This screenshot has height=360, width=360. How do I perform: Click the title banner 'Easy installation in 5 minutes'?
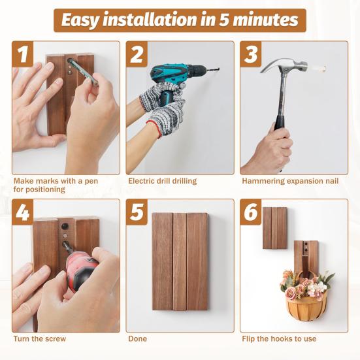point(180,20)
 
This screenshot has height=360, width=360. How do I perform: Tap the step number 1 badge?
point(24,55)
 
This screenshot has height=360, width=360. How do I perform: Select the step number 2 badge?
point(137,55)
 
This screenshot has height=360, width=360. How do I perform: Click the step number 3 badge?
point(252,55)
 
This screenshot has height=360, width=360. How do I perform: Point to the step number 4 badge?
point(24,213)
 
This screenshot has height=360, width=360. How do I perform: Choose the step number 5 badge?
point(137,213)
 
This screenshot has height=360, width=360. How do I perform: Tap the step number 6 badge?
point(252,213)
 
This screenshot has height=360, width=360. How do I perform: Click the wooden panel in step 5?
point(180,261)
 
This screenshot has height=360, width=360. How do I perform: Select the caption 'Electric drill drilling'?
point(162,180)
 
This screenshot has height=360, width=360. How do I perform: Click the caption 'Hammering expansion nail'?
point(290,180)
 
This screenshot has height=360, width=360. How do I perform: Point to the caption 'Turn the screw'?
point(39,338)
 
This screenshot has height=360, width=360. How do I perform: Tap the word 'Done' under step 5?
point(137,338)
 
